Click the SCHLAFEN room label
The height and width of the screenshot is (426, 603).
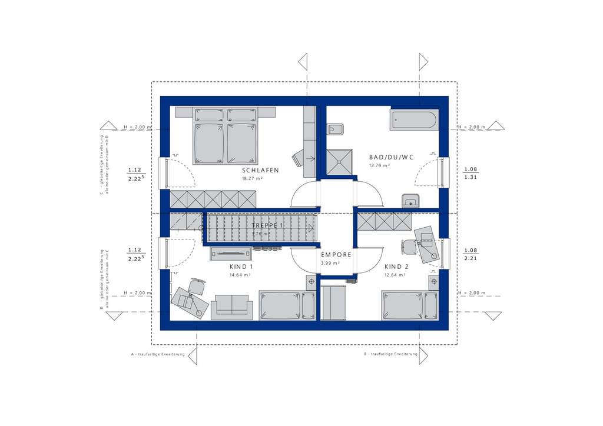pyautogui.click(x=260, y=170)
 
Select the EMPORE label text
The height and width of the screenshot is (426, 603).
pyautogui.click(x=336, y=255)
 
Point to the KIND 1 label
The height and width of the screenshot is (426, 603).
pyautogui.click(x=241, y=267)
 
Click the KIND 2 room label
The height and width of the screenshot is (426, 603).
pyautogui.click(x=396, y=267)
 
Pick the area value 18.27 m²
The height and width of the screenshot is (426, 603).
pyautogui.click(x=251, y=178)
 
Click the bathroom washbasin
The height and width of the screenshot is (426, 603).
pyautogui.click(x=410, y=201)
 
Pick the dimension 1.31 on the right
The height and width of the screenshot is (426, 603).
pyautogui.click(x=471, y=177)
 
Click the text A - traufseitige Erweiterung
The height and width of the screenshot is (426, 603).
pyautogui.click(x=158, y=354)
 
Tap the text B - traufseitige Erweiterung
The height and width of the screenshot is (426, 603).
pyautogui.click(x=391, y=354)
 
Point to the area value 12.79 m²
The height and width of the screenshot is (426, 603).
pyautogui.click(x=380, y=166)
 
